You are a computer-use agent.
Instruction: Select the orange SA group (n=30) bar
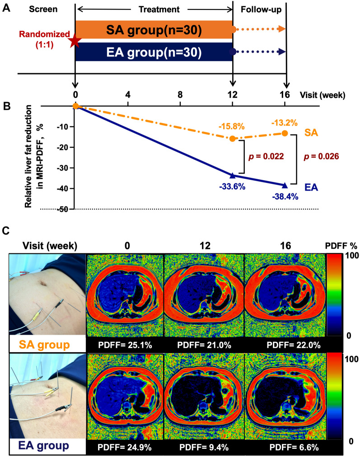tap(154, 30)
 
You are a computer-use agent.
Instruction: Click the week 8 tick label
tap(180, 95)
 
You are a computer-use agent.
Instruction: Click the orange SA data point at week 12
tap(233, 139)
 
